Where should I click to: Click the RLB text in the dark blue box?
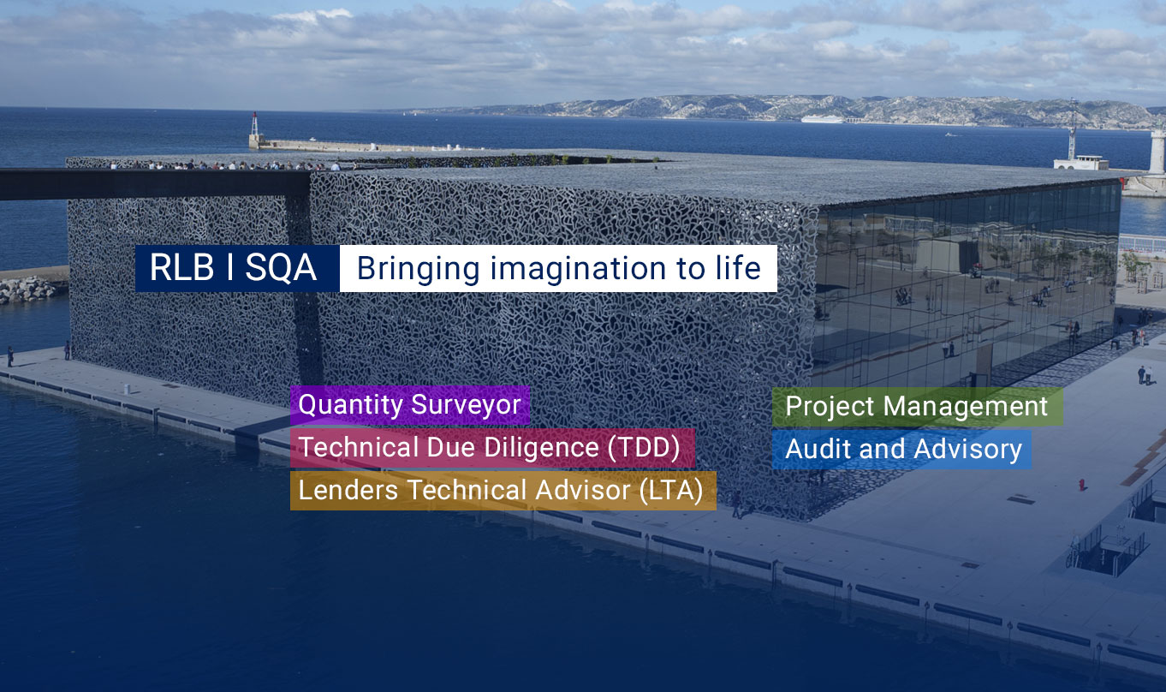181,268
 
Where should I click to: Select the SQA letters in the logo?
281,268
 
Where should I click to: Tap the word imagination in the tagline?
578,269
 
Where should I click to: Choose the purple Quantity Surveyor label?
410,405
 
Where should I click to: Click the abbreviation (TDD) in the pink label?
644,447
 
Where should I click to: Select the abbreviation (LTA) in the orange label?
671,491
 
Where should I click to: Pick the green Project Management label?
917,407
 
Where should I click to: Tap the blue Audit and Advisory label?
901,450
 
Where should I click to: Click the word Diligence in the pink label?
541,447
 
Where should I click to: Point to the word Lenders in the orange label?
348,491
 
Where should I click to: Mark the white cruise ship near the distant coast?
822,119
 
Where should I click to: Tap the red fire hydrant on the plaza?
1082,484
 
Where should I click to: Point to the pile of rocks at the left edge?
27,289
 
